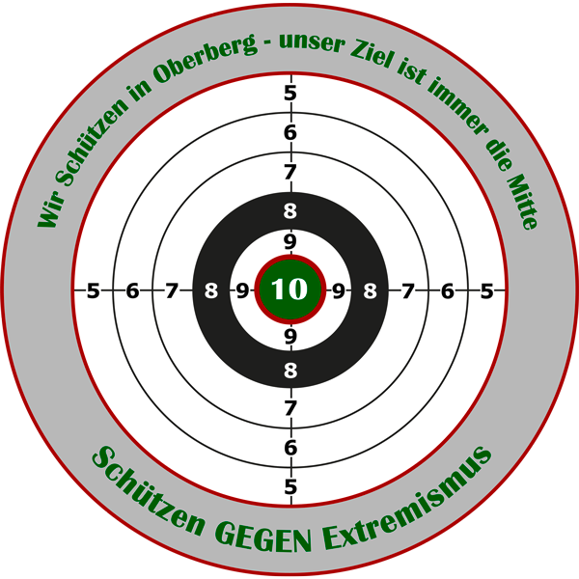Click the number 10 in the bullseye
pyautogui.click(x=289, y=289)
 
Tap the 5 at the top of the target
pyautogui.click(x=290, y=93)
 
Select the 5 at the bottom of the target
pyautogui.click(x=290, y=486)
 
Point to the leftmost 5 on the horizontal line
pyautogui.click(x=93, y=291)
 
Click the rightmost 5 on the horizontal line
pyautogui.click(x=486, y=291)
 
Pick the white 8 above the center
pyautogui.click(x=290, y=211)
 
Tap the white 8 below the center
pyautogui.click(x=290, y=370)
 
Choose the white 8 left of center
pyautogui.click(x=211, y=291)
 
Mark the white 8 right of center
pyautogui.click(x=370, y=291)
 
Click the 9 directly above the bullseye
pyautogui.click(x=290, y=242)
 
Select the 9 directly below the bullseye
pyautogui.click(x=290, y=337)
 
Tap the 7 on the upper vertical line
pyautogui.click(x=290, y=172)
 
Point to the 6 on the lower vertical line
pyautogui.click(x=290, y=448)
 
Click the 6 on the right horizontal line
pyautogui.click(x=447, y=291)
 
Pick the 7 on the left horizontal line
pyautogui.click(x=171, y=291)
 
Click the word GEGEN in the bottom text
pyautogui.click(x=263, y=536)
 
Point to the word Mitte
pyautogui.click(x=521, y=202)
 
